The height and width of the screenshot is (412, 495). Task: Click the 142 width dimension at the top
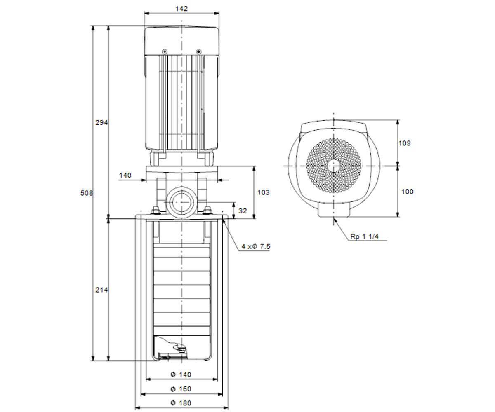181,9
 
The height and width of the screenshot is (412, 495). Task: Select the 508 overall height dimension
87,193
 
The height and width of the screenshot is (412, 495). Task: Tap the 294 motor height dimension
101,123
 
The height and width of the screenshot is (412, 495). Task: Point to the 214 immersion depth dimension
101,290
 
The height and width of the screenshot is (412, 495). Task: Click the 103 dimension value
264,192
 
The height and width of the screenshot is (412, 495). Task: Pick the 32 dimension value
243,211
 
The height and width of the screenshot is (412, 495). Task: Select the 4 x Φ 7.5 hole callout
256,246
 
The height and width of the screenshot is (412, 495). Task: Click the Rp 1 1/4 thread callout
365,236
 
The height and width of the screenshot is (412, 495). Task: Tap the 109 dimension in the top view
404,143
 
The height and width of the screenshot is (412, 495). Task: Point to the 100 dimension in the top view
407,192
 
